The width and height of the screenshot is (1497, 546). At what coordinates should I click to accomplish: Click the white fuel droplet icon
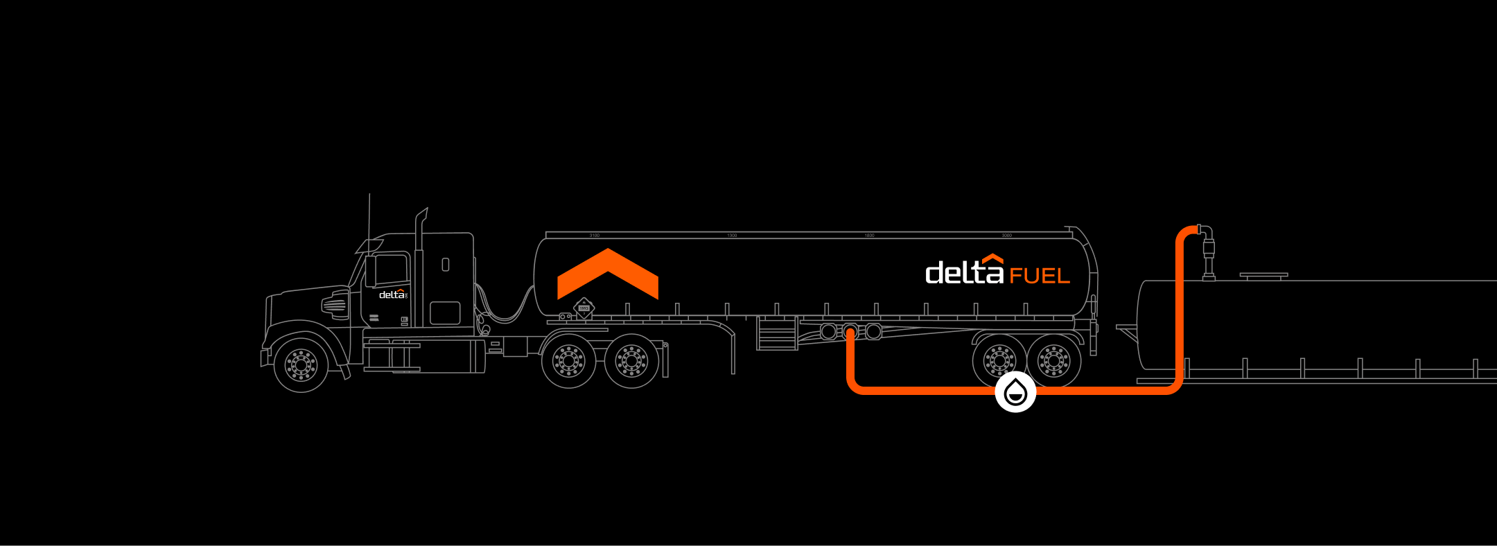[1015, 391]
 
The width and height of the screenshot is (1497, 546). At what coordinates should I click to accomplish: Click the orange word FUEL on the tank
[1040, 276]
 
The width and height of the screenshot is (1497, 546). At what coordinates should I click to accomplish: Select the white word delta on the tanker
[964, 272]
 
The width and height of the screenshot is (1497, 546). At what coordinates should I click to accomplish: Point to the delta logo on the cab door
[392, 294]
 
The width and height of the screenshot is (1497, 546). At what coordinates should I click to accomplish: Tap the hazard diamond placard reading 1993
[584, 308]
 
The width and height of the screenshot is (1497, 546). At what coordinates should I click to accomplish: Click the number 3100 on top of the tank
[595, 236]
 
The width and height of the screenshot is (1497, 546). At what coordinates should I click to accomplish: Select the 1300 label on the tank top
[732, 236]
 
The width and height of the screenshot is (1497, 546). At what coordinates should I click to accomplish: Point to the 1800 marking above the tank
[869, 236]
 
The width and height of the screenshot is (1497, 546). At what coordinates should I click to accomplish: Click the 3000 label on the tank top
[1006, 236]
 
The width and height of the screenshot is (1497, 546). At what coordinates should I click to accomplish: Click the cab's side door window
[390, 270]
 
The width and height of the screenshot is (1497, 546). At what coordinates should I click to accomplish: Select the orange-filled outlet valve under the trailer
[850, 332]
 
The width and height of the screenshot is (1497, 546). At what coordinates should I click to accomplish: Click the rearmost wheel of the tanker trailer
[1053, 361]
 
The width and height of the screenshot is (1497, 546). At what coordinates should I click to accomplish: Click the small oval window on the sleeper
[445, 264]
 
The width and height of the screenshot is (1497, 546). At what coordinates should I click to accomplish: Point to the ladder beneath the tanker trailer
[777, 333]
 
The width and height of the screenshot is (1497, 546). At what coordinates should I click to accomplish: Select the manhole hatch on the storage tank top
[1263, 276]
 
